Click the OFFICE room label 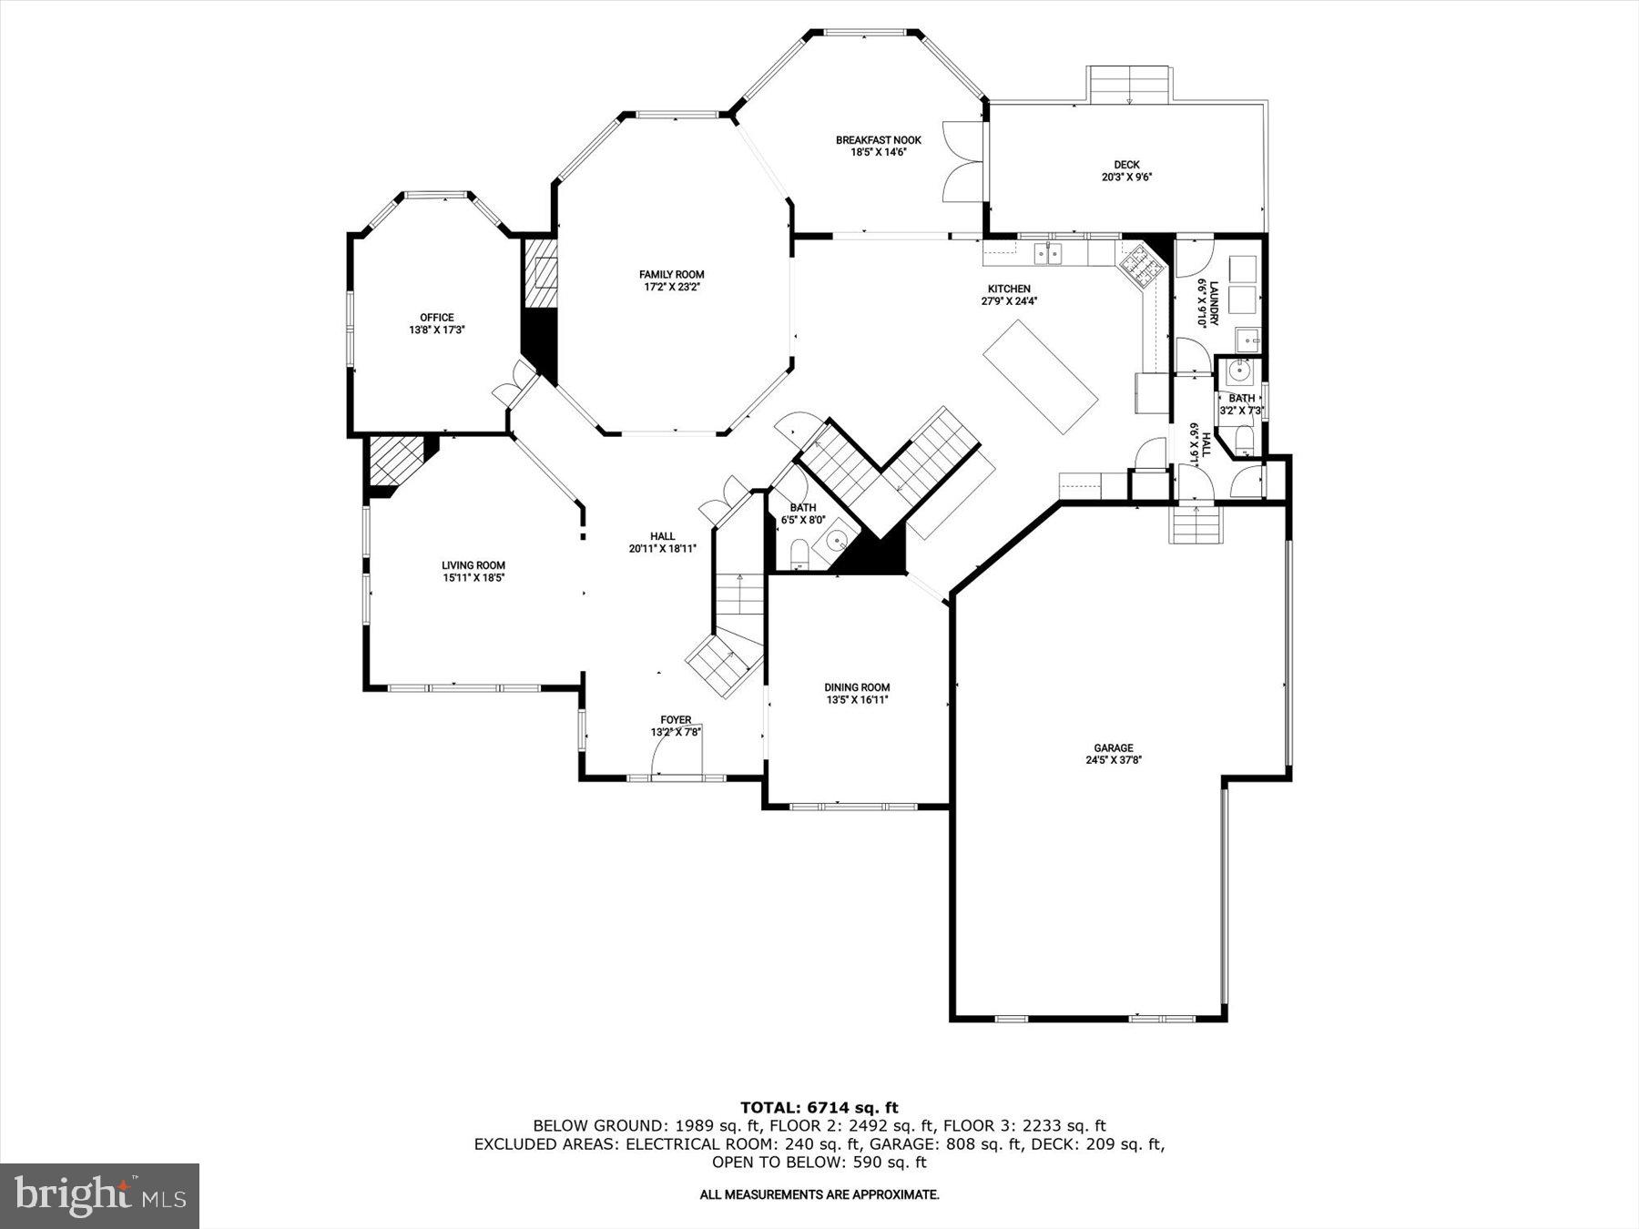436,318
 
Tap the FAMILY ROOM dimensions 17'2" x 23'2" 671,287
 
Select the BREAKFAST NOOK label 878,140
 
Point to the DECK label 1126,165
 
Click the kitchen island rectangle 1041,377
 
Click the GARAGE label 1114,748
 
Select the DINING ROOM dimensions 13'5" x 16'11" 857,700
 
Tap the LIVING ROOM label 473,565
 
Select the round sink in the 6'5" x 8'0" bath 835,543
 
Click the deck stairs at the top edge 1129,85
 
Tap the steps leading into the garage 1194,525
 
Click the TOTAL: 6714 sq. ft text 819,1107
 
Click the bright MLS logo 99,1195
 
